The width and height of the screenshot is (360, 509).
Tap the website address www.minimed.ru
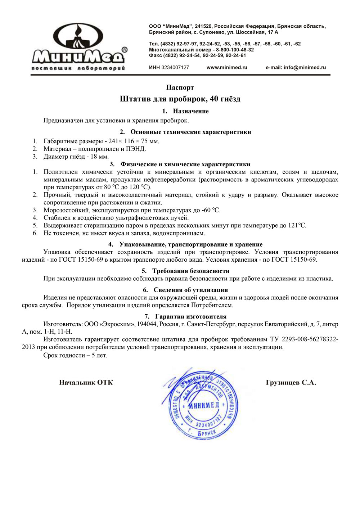point(227,67)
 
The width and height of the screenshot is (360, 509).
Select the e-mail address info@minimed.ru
point(296,67)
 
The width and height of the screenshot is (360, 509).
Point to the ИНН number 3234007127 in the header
point(175,67)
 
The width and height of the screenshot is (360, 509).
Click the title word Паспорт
point(180,87)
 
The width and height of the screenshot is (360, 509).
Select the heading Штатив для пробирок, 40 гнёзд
point(180,99)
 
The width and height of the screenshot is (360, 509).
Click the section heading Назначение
point(190,111)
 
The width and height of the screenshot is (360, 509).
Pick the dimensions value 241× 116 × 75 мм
point(134,141)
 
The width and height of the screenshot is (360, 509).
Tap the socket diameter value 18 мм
point(99,157)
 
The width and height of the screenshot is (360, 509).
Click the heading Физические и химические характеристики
point(185,165)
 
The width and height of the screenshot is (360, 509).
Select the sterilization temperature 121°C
point(297,226)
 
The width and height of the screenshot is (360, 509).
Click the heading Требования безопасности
point(190,271)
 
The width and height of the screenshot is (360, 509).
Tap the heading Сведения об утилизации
point(190,290)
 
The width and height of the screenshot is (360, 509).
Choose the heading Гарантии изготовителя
point(190,317)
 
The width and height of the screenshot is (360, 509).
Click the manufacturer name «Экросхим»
point(117,324)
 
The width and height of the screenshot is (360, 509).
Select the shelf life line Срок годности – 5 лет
point(75,355)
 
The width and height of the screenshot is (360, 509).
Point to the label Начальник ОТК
point(86,383)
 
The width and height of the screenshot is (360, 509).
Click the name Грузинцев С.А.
point(291,383)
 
